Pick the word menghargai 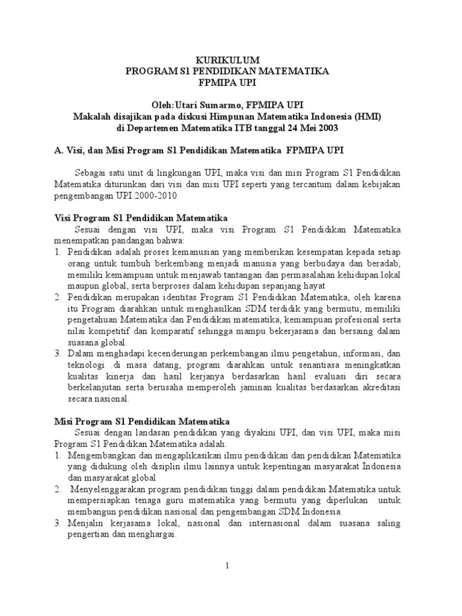149,535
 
